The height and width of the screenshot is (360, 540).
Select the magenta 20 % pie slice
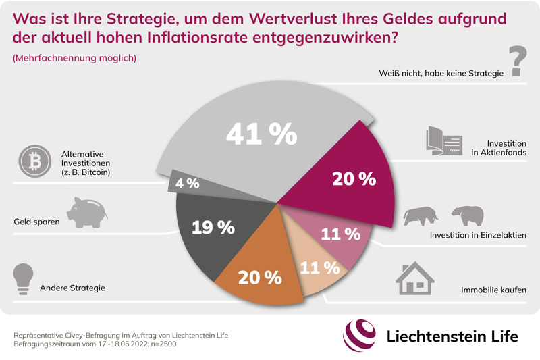(344, 182)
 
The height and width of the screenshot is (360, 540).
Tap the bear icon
(467, 215)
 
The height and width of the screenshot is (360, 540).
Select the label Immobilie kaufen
(493, 291)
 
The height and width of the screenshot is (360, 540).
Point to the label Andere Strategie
(73, 288)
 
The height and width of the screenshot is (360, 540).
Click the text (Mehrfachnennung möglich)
(74, 59)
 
